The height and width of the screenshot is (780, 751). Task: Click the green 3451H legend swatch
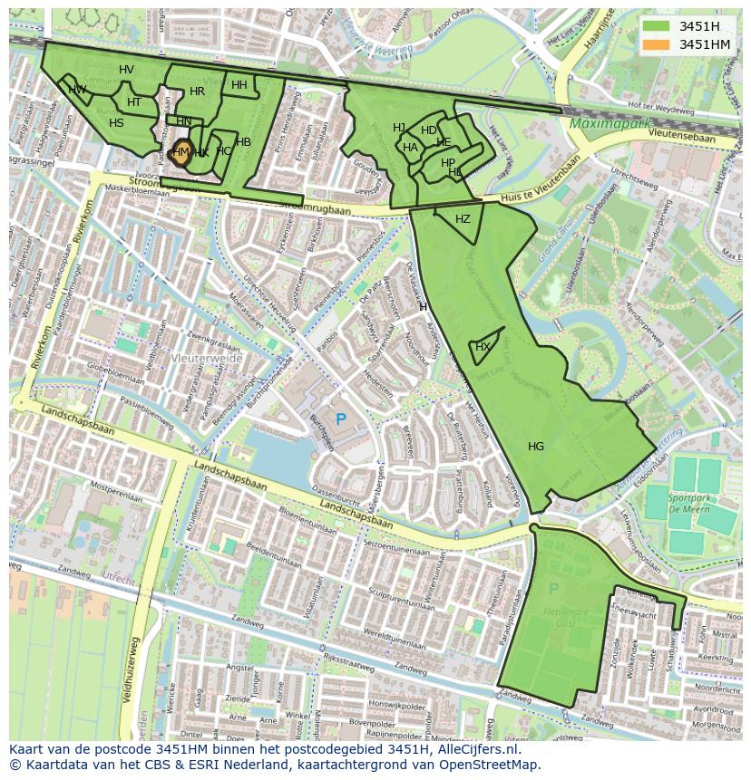[658, 26]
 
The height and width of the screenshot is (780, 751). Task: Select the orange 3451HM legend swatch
[658, 44]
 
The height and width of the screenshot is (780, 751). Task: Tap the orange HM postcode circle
[180, 152]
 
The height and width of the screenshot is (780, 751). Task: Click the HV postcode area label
[126, 70]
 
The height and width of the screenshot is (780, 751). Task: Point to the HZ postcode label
[463, 219]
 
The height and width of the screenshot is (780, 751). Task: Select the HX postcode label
[483, 347]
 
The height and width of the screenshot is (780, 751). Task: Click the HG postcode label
[536, 446]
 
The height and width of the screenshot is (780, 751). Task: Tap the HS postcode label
[116, 123]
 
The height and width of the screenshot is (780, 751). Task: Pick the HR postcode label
[197, 91]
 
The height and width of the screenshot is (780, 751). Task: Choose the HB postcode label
[243, 142]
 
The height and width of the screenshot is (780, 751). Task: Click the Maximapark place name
[606, 122]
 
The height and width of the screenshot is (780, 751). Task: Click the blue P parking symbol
[341, 419]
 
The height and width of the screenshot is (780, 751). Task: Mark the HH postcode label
[239, 85]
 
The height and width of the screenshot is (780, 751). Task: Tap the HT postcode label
[134, 102]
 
